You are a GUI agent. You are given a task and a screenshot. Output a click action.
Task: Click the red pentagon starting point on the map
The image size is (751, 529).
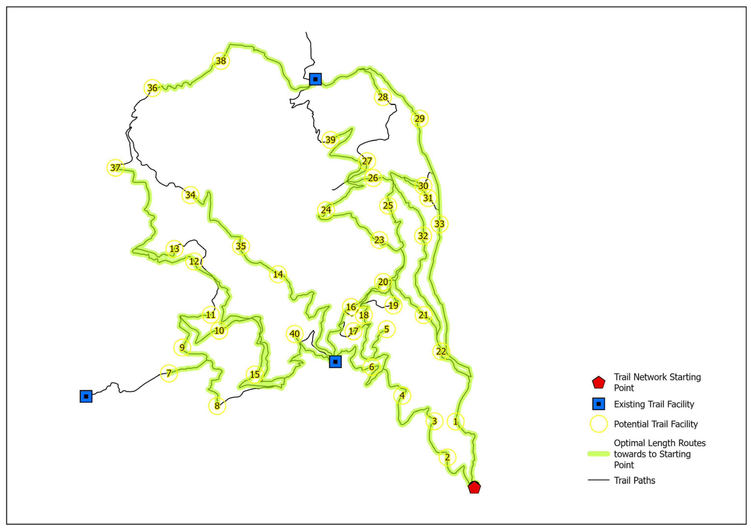point(474,487)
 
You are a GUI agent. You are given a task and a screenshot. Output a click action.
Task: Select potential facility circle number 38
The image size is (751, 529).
point(221,61)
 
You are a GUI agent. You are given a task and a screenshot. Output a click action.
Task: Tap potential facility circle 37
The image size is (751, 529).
point(115,168)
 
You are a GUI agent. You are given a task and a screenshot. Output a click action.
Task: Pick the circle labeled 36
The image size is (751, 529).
point(152,88)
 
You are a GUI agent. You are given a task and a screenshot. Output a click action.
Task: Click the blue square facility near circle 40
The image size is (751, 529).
point(335,362)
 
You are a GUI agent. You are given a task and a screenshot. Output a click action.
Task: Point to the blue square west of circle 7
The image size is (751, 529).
point(86,396)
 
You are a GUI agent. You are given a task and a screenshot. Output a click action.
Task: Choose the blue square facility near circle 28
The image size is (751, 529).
point(315,79)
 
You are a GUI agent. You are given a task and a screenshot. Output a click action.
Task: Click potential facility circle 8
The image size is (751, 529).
point(217,406)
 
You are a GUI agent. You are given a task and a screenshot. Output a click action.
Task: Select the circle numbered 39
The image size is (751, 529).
point(330,140)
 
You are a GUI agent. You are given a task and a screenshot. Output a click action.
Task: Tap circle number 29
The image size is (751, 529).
point(419,118)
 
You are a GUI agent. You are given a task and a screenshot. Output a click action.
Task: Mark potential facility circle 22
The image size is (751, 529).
point(441,351)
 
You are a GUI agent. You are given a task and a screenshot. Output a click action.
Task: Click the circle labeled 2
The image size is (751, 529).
point(447,457)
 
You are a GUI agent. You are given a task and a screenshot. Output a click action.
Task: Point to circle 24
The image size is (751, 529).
point(326,210)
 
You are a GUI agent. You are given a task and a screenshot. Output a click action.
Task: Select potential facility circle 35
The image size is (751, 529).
point(241,246)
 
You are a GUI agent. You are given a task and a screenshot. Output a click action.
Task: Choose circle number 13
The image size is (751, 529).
point(174,249)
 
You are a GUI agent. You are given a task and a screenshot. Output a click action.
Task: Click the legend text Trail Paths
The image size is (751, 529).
point(634,480)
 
